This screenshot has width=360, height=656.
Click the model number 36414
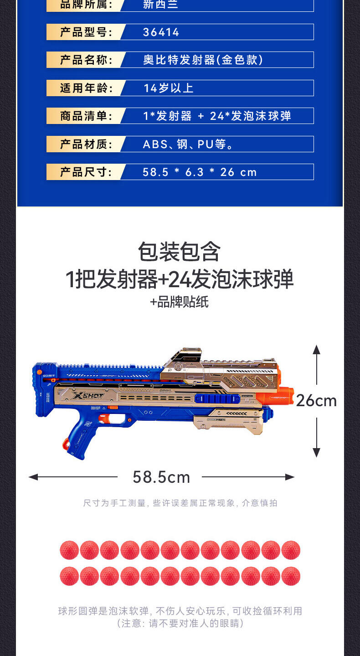click(x=161, y=32)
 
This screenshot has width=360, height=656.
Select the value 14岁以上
click(x=168, y=88)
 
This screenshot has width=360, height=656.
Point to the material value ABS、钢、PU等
click(x=188, y=144)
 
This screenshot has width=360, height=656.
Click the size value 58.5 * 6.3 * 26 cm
click(x=200, y=172)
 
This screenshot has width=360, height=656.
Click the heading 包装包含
click(x=179, y=251)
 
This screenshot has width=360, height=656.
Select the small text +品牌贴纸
click(x=180, y=302)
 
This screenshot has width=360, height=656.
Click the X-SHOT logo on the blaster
click(x=88, y=396)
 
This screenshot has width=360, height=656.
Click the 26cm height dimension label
click(x=316, y=401)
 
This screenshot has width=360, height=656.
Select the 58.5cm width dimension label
click(x=161, y=477)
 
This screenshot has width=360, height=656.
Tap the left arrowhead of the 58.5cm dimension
click(x=33, y=477)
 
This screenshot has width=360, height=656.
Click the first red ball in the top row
click(x=69, y=550)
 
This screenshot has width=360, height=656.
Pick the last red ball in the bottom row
click(x=291, y=576)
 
